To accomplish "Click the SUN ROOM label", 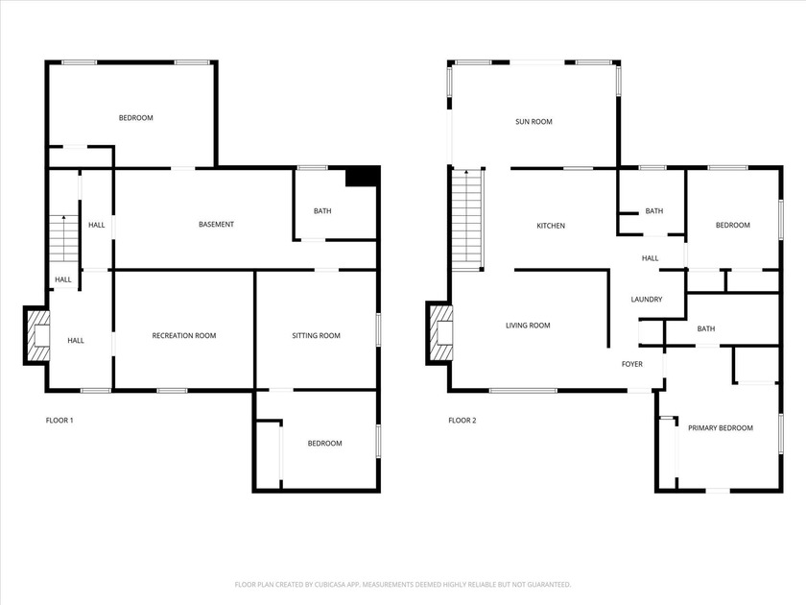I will (533, 122).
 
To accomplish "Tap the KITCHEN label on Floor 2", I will (551, 226).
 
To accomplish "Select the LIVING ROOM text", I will (528, 326).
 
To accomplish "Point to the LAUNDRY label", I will (647, 300).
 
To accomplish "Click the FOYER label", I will (632, 364).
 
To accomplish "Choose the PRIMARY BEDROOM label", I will (720, 428).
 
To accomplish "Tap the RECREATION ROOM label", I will (184, 336).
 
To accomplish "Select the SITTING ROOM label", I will (317, 336).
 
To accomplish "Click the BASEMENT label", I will (216, 225).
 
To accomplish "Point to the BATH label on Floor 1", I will (322, 211).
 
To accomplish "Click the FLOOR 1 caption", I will (59, 421).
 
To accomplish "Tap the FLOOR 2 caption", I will (462, 421).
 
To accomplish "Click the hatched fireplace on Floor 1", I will (36, 336).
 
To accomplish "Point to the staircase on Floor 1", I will (63, 238).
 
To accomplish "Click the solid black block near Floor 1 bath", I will (361, 177).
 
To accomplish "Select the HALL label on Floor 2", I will (650, 258).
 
